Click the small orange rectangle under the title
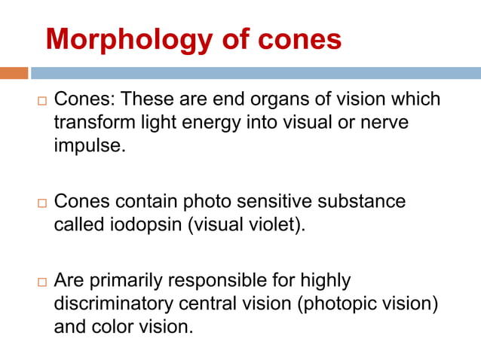(14, 73)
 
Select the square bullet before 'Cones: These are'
(41, 101)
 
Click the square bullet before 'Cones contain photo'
(41, 203)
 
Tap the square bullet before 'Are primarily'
(41, 282)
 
